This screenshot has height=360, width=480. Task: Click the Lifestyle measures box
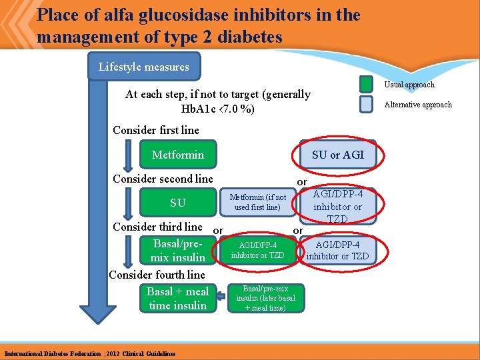point(143,67)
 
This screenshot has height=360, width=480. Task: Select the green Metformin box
point(178,155)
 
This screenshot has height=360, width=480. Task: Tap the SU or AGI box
point(338,155)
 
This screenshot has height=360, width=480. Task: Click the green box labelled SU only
point(178,203)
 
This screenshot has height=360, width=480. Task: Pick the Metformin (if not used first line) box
point(257,202)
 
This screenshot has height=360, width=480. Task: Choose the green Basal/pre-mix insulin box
point(178,250)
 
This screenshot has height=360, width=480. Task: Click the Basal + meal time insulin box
point(178,298)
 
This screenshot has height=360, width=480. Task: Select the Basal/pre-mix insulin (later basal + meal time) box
point(265,298)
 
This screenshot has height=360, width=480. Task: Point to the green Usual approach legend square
point(366,85)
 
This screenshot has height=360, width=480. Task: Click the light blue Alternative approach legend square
point(366,105)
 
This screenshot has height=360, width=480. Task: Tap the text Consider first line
point(156,130)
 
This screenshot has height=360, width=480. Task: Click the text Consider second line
point(163,179)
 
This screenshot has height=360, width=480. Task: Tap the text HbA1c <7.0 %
point(217,109)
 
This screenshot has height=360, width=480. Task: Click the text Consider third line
point(157,227)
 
